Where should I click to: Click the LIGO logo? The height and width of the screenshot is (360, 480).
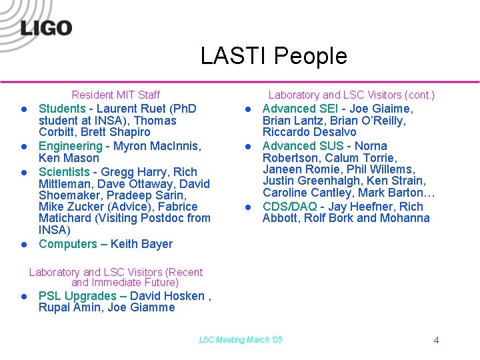[45, 28]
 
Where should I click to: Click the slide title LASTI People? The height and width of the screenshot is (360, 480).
[274, 56]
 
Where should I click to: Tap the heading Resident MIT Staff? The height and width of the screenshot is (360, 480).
[115, 95]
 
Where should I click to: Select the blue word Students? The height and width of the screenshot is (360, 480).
[62, 108]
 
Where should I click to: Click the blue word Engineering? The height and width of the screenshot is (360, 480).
[70, 146]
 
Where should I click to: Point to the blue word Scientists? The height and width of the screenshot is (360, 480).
[64, 171]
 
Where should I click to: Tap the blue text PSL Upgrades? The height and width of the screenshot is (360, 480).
[77, 296]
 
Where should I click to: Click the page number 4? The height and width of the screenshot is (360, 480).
[436, 340]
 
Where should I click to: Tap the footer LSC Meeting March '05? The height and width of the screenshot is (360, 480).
[241, 340]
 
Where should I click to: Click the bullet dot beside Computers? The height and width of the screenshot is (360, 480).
[22, 244]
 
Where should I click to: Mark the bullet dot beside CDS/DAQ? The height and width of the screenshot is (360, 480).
[246, 207]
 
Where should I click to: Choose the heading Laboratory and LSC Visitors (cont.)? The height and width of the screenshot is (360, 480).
[351, 95]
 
